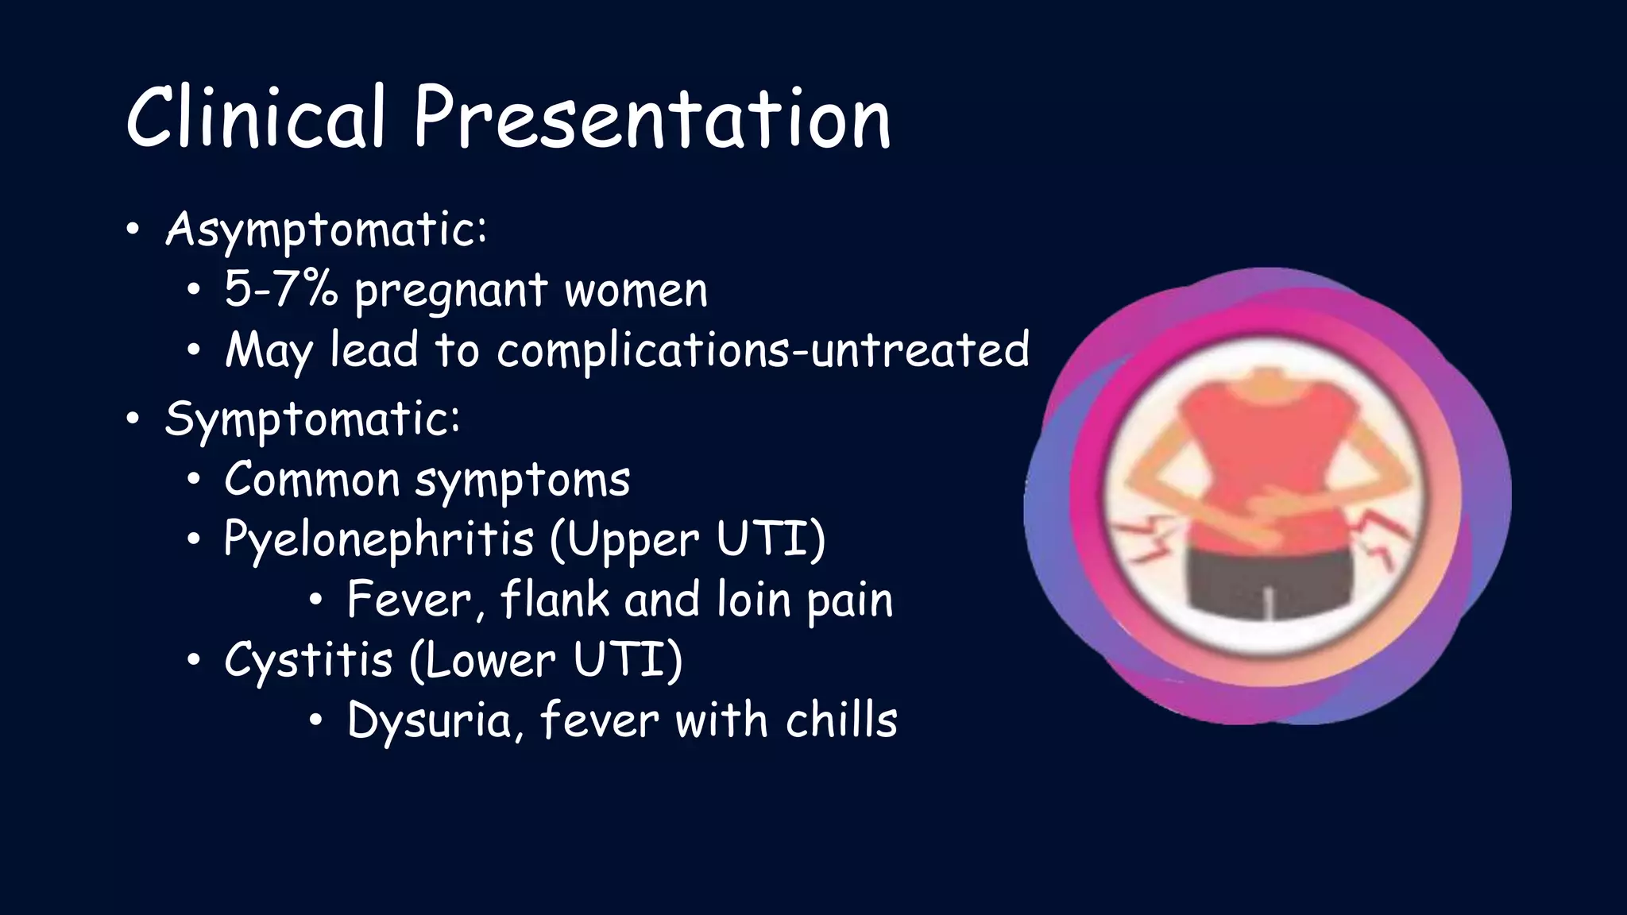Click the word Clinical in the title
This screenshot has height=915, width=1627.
(256, 119)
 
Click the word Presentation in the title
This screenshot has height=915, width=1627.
(651, 119)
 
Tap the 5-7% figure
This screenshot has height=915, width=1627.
(281, 289)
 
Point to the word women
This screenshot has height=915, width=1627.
(636, 291)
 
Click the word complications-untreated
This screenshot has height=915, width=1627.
(763, 350)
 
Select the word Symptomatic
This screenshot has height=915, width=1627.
(311, 419)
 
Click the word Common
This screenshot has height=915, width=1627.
(311, 480)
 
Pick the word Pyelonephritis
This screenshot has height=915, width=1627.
(378, 540)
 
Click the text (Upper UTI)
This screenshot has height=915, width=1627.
(688, 540)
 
